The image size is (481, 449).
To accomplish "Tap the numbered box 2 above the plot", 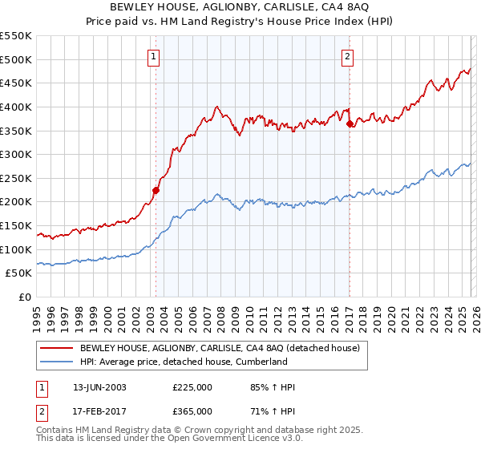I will coord(348,56).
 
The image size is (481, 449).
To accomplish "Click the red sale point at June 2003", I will coord(156,190).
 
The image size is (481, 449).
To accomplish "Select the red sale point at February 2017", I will coord(350,123).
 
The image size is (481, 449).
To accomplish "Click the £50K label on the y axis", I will coord(18,273).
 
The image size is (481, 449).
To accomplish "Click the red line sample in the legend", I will coord(56,348).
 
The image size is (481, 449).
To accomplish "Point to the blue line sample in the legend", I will coord(56,362).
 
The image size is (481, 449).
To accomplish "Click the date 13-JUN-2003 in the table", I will coord(99,388).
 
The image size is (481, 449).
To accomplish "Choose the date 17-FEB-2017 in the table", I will coord(99,411).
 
